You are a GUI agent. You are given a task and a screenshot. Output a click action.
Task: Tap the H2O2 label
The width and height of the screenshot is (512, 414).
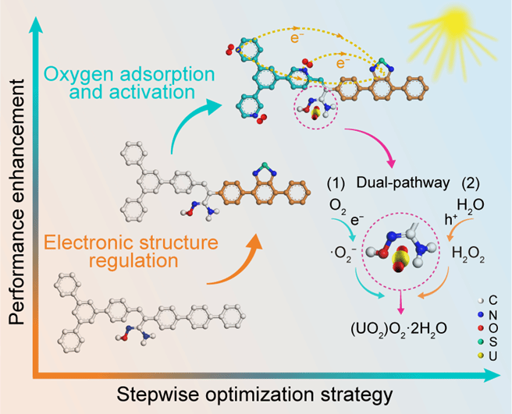click(454, 253)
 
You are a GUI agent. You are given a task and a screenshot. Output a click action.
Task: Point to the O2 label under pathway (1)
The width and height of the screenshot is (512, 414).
click(338, 208)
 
